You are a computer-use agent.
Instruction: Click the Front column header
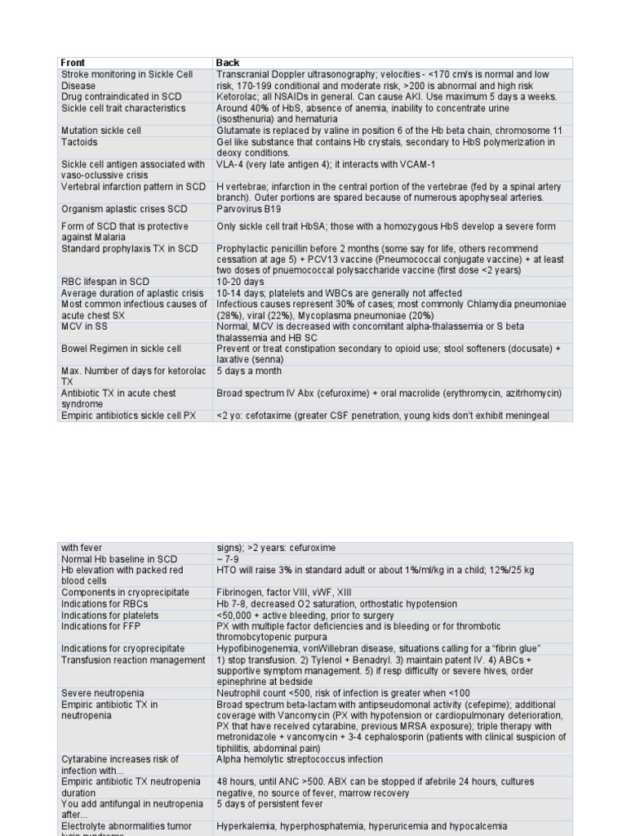pyautogui.click(x=73, y=63)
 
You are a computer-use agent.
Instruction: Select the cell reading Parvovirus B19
pyautogui.click(x=249, y=209)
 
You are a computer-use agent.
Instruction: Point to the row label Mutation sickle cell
pyautogui.click(x=101, y=131)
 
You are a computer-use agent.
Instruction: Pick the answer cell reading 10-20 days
pyautogui.click(x=241, y=282)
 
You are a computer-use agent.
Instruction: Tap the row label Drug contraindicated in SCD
pyautogui.click(x=122, y=96)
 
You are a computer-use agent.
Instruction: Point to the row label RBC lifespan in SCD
pyautogui.click(x=107, y=282)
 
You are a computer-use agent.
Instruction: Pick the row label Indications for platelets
pyautogui.click(x=110, y=615)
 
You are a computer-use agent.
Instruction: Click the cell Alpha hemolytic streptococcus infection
pyautogui.click(x=300, y=759)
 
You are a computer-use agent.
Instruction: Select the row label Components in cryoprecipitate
pyautogui.click(x=125, y=592)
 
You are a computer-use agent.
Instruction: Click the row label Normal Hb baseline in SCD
pyautogui.click(x=119, y=559)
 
